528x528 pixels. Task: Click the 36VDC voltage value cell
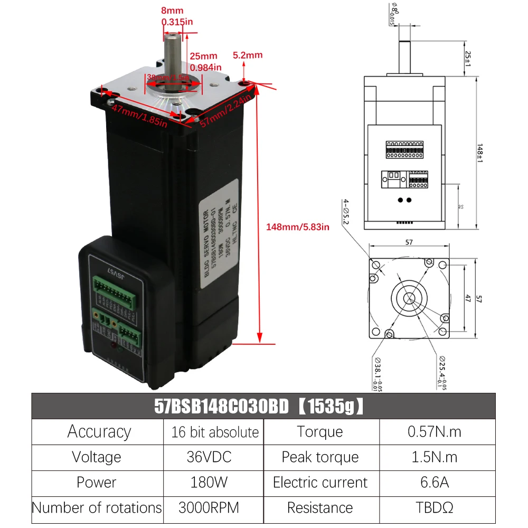coord(209,457)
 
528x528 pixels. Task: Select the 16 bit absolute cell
coord(215,432)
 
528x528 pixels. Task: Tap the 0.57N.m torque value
coord(434,432)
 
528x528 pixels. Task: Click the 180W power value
coord(209,482)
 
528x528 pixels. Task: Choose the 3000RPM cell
coord(209,507)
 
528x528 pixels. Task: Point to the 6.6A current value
coord(435,482)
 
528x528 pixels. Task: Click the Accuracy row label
coord(99,432)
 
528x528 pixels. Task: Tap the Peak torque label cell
coord(320,457)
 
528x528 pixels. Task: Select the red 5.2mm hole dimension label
coord(248,55)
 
